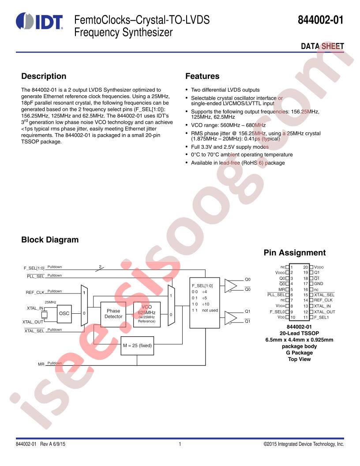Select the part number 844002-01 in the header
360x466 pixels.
(321, 21)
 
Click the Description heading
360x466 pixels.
(44, 76)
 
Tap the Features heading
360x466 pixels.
(202, 76)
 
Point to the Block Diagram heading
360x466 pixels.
(50, 240)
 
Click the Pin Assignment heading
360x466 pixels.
(295, 253)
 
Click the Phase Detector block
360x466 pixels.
(113, 314)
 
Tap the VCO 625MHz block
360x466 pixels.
(147, 314)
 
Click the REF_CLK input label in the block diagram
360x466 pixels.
(35, 293)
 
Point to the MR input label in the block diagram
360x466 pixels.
(41, 364)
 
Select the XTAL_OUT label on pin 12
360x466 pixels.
(324, 312)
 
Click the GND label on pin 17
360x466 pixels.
(319, 284)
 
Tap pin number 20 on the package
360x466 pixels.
(305, 267)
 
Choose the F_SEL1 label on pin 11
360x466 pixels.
(321, 317)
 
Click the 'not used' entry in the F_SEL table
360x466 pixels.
(210, 310)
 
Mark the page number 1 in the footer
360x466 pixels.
(180, 444)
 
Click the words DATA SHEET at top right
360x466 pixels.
(322, 46)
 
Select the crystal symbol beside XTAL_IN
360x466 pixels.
(44, 315)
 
